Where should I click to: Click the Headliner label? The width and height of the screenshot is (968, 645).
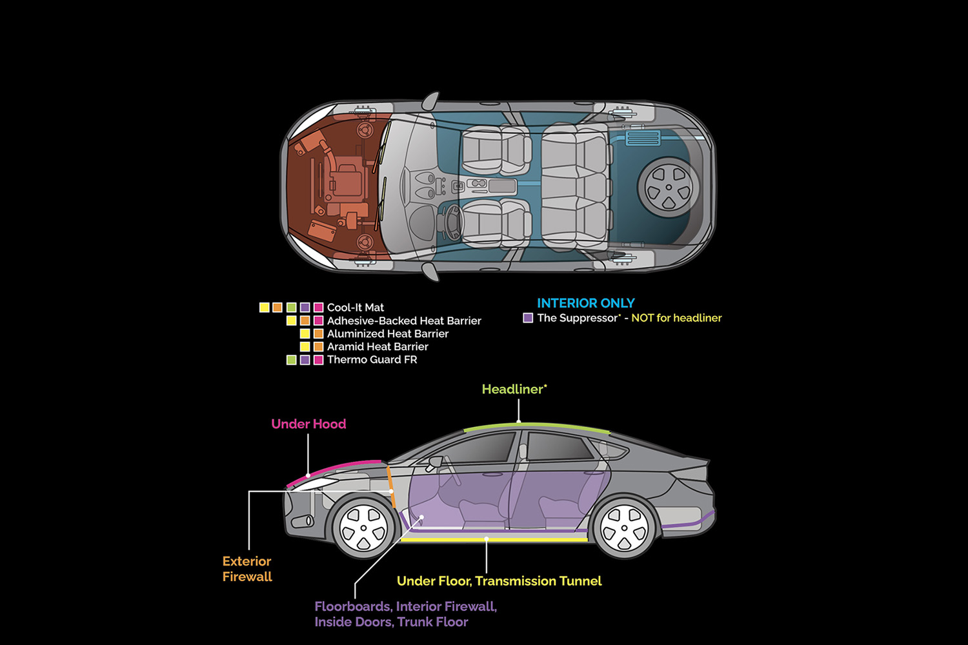[x=514, y=390]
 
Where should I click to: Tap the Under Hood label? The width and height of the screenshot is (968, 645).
[x=308, y=424]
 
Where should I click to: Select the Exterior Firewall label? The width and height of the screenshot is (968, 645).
[x=247, y=569]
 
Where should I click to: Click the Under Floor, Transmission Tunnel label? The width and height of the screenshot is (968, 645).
[x=499, y=581]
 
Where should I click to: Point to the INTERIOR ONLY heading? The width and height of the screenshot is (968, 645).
[x=585, y=303]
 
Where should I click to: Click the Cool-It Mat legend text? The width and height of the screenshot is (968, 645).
[x=355, y=308]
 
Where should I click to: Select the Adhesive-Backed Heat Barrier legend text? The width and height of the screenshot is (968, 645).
[x=404, y=321]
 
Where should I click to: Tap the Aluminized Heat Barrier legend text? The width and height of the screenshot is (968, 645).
[x=387, y=333]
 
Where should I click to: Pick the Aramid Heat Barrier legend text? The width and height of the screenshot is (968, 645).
[x=378, y=346]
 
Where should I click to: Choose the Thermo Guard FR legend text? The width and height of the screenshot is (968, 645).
[x=372, y=360]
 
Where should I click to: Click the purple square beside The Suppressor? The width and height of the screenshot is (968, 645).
[x=528, y=318]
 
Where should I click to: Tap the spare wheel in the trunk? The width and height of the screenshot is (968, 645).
[x=669, y=188]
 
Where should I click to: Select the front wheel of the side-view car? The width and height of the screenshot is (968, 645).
[x=363, y=528]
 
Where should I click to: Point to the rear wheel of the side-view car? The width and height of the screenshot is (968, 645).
[x=624, y=528]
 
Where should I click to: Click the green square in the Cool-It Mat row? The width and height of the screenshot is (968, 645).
[x=291, y=308]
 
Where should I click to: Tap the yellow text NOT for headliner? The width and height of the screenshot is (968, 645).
[x=676, y=318]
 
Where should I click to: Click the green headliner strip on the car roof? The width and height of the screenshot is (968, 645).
[x=536, y=426]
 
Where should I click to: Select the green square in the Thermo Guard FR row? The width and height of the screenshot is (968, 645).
[x=291, y=360]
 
